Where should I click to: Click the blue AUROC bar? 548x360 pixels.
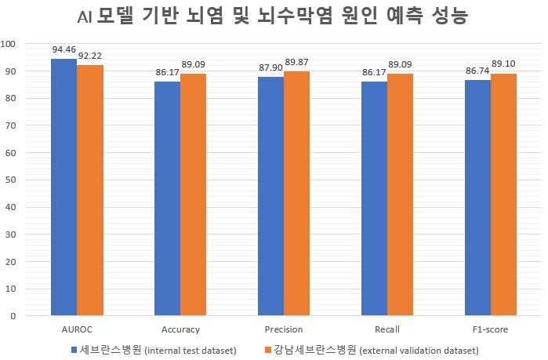pyautogui.click(x=64, y=188)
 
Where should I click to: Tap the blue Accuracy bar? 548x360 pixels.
pyautogui.click(x=167, y=199)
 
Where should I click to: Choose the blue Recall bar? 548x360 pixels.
pyautogui.click(x=374, y=199)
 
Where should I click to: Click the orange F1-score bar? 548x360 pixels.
pyautogui.click(x=503, y=195)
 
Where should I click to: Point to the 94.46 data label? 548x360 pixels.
pyautogui.click(x=64, y=49)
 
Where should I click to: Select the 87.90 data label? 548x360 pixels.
pyautogui.click(x=270, y=67)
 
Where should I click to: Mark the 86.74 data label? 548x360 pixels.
pyautogui.click(x=477, y=71)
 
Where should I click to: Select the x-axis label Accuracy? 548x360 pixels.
pyautogui.click(x=180, y=329)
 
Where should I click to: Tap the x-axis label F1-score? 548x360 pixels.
pyautogui.click(x=490, y=329)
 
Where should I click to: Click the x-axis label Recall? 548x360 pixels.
pyautogui.click(x=387, y=329)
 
